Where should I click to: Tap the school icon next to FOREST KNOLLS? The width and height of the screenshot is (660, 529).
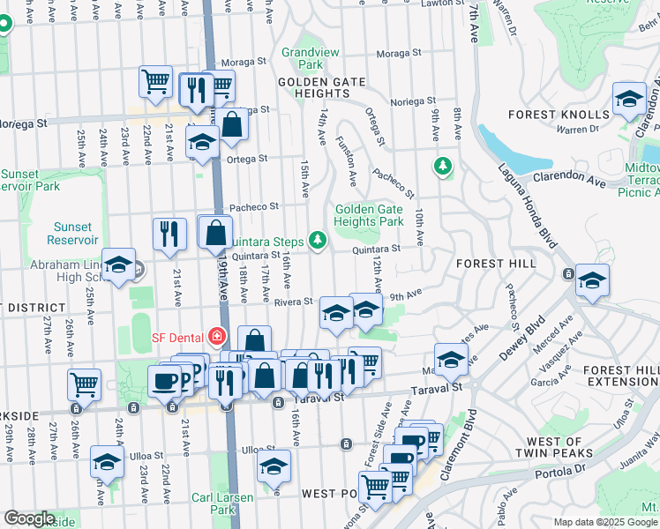pos(629,99)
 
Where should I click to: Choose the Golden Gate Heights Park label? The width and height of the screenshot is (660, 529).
pos(368,215)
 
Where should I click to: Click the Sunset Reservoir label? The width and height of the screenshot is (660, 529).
pos(72,233)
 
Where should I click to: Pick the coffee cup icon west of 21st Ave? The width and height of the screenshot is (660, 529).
pos(165,381)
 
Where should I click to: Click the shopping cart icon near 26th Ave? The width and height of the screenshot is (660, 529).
pos(85,384)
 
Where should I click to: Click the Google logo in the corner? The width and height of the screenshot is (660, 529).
pos(30,518)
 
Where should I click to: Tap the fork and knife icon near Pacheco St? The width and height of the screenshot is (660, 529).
pos(169,234)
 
